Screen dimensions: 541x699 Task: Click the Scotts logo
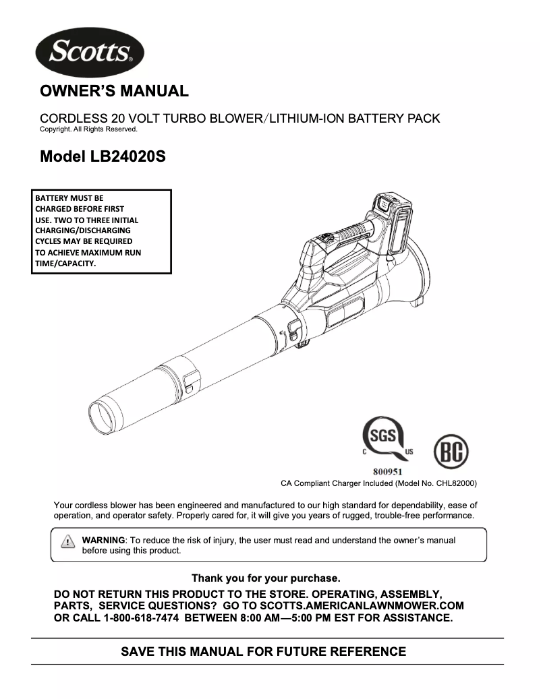click(89, 52)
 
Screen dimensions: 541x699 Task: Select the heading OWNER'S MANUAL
click(115, 90)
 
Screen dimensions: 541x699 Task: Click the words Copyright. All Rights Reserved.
click(88, 129)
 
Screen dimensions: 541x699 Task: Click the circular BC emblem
click(451, 452)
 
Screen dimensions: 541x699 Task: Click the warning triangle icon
click(67, 541)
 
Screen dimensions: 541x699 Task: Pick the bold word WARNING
click(103, 540)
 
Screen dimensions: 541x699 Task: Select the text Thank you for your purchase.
click(266, 578)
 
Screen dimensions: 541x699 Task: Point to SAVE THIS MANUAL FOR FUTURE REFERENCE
click(263, 652)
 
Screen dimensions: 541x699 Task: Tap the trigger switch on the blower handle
click(327, 238)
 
